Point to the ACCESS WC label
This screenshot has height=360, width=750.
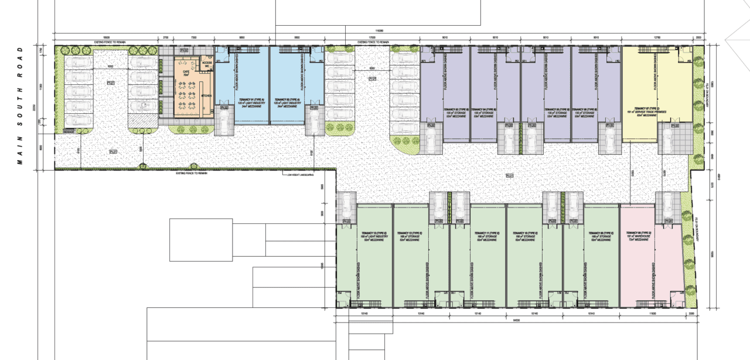point(207,64)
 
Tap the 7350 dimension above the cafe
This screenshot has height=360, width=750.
point(194,37)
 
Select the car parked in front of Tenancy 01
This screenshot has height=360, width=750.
point(224,120)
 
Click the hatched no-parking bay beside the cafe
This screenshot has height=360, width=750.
point(143,120)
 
